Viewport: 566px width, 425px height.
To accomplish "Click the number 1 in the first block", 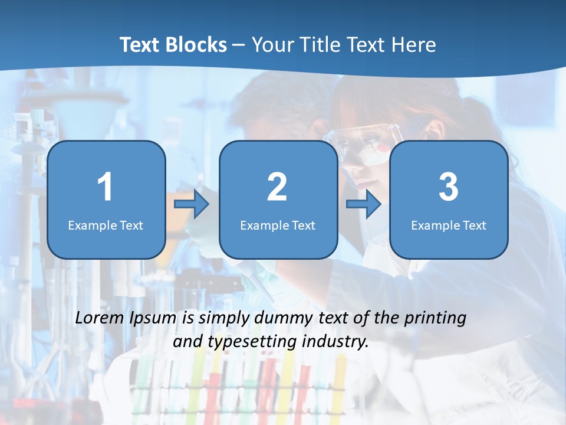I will coord(105,187).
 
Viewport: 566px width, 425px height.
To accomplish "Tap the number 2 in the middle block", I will coord(277,187).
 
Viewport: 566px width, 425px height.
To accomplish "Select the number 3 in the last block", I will coord(448,187).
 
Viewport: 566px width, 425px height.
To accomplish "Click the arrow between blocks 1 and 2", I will coord(192,205).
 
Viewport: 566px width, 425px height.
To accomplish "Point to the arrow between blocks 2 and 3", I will coord(364,205).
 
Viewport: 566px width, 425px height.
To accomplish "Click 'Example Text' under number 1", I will coord(106,225).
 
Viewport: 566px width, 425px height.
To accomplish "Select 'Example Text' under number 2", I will coord(278,225).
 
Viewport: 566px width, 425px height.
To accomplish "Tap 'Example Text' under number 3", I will coord(449,225).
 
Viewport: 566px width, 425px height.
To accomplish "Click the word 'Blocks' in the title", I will coord(195,45).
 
